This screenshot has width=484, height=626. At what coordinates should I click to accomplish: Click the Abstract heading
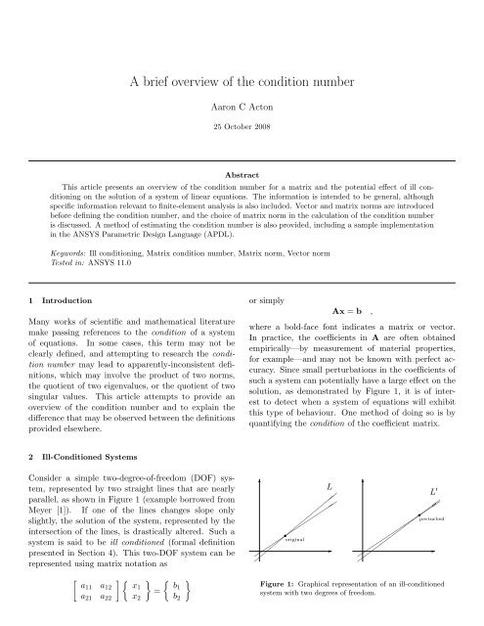[242, 171]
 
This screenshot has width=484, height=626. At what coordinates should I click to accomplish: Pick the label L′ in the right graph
[435, 489]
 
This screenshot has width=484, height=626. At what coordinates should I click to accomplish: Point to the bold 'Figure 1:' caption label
[274, 584]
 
